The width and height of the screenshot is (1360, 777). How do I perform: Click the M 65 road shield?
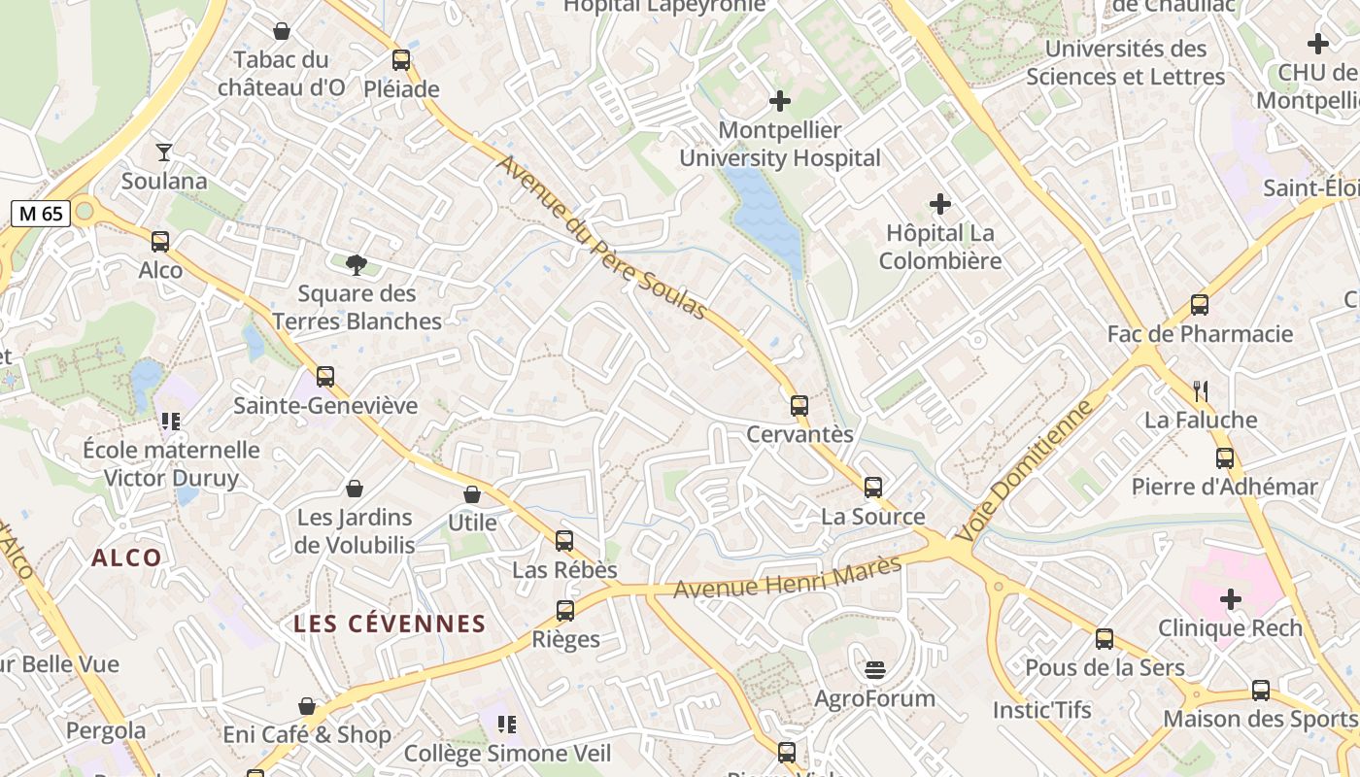[x=41, y=214]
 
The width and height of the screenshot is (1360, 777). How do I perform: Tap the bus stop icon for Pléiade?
[x=401, y=60]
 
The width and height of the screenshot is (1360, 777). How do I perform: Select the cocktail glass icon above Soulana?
[x=164, y=152]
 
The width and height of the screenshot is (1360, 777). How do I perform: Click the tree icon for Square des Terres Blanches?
[x=357, y=264]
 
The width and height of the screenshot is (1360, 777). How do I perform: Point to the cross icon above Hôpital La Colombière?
[x=939, y=204]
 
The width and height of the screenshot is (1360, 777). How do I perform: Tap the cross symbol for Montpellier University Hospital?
[x=779, y=101]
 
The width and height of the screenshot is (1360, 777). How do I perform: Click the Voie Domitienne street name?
[x=1024, y=472]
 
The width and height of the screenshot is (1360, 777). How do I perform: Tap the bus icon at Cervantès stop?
[x=799, y=406]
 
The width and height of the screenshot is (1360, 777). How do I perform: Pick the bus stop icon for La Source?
[x=873, y=488]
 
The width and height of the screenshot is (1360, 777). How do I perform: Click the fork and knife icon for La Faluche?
[x=1201, y=391]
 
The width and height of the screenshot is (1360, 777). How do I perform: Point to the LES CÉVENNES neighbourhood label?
[x=390, y=624]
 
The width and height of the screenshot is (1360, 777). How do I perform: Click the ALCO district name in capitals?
[x=126, y=557]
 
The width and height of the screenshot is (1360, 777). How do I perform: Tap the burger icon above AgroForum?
[x=875, y=669]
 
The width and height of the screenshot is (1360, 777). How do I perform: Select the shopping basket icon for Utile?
[x=472, y=494]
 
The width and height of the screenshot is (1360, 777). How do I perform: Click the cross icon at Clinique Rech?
[x=1230, y=599]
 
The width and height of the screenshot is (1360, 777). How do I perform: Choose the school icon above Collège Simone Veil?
[x=506, y=725]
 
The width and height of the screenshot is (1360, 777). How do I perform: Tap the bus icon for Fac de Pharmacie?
[x=1200, y=305]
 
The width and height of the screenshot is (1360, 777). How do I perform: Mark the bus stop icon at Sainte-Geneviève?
[x=325, y=377]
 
